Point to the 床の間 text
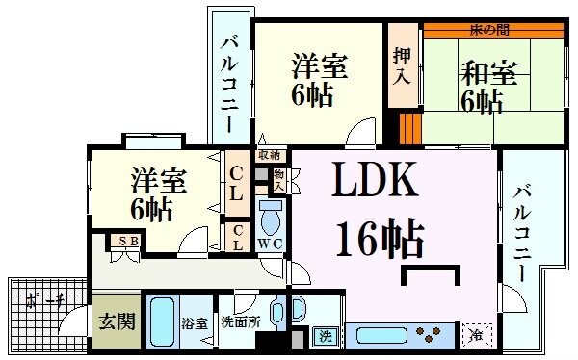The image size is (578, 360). coord(488,30)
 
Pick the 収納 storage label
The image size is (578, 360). coord(269,154)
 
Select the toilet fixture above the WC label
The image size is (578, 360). coord(271,218)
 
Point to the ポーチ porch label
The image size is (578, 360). coord(45,302)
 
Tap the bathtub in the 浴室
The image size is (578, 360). coord(162,323)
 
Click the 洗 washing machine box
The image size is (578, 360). coord(327,337)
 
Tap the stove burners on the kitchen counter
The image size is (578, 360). coord(428,337)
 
